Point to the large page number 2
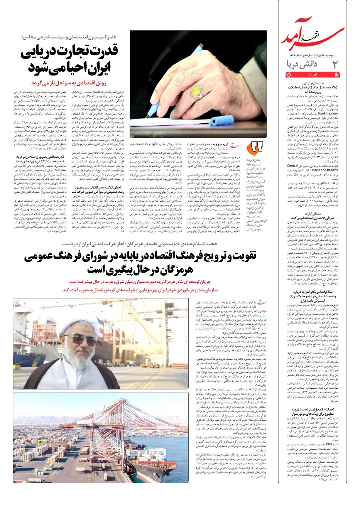pyautogui.click(x=335, y=64)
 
